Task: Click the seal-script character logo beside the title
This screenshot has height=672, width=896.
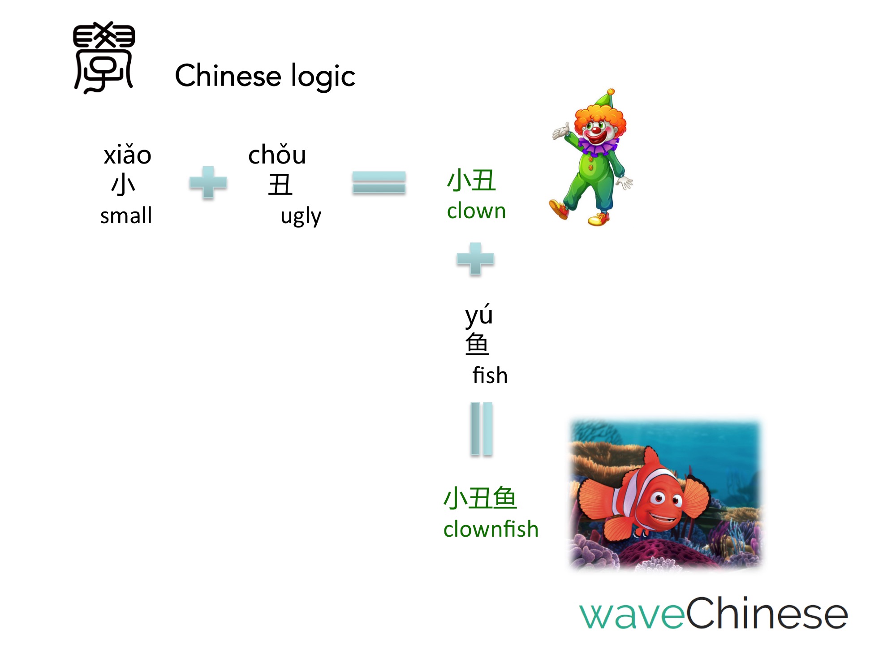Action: point(104,57)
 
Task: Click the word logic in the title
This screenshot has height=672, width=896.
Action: point(323,76)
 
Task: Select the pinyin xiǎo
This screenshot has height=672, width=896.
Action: point(128,155)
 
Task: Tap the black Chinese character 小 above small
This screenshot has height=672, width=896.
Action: point(123,185)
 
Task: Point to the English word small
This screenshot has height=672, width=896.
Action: point(126,215)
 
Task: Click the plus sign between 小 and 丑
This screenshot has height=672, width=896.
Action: point(208,182)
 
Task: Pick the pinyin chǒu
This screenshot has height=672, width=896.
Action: point(277,155)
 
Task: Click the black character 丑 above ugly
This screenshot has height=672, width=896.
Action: point(280,185)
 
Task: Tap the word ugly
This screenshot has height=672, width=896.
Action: point(301,217)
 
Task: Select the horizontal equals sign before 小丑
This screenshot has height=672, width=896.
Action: point(379,182)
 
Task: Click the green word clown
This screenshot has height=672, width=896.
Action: point(477,211)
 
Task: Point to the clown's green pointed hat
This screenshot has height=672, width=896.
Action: point(605,99)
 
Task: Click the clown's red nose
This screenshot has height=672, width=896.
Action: point(595,130)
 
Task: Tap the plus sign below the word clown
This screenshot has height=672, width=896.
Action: point(475,259)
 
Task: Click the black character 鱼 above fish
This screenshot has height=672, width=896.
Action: point(477,344)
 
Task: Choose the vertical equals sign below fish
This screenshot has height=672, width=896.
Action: point(482,429)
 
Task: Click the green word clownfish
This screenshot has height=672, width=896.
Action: point(491,529)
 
